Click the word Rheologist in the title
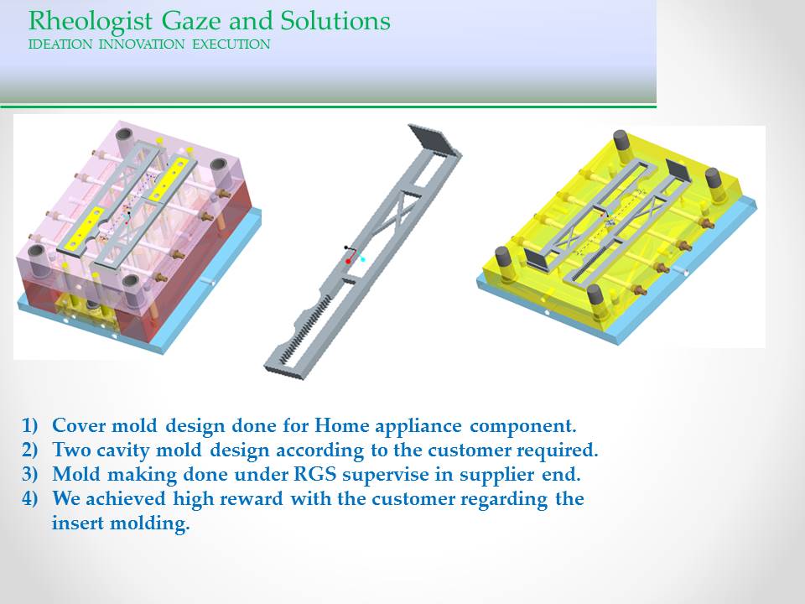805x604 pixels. click(x=91, y=22)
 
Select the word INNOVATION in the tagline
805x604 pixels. click(x=141, y=44)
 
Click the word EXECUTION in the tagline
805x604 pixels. click(x=231, y=44)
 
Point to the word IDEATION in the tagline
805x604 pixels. click(x=60, y=44)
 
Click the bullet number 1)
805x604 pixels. click(x=30, y=426)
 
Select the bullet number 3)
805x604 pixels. click(x=30, y=474)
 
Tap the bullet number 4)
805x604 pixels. click(x=30, y=498)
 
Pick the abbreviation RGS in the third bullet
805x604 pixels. click(x=314, y=473)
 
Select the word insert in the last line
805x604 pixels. click(x=77, y=523)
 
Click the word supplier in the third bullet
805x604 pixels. click(x=493, y=475)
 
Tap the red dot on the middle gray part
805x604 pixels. click(x=348, y=262)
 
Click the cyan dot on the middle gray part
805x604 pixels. click(x=363, y=259)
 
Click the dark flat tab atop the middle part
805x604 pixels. click(x=434, y=139)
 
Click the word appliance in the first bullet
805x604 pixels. click(x=418, y=426)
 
